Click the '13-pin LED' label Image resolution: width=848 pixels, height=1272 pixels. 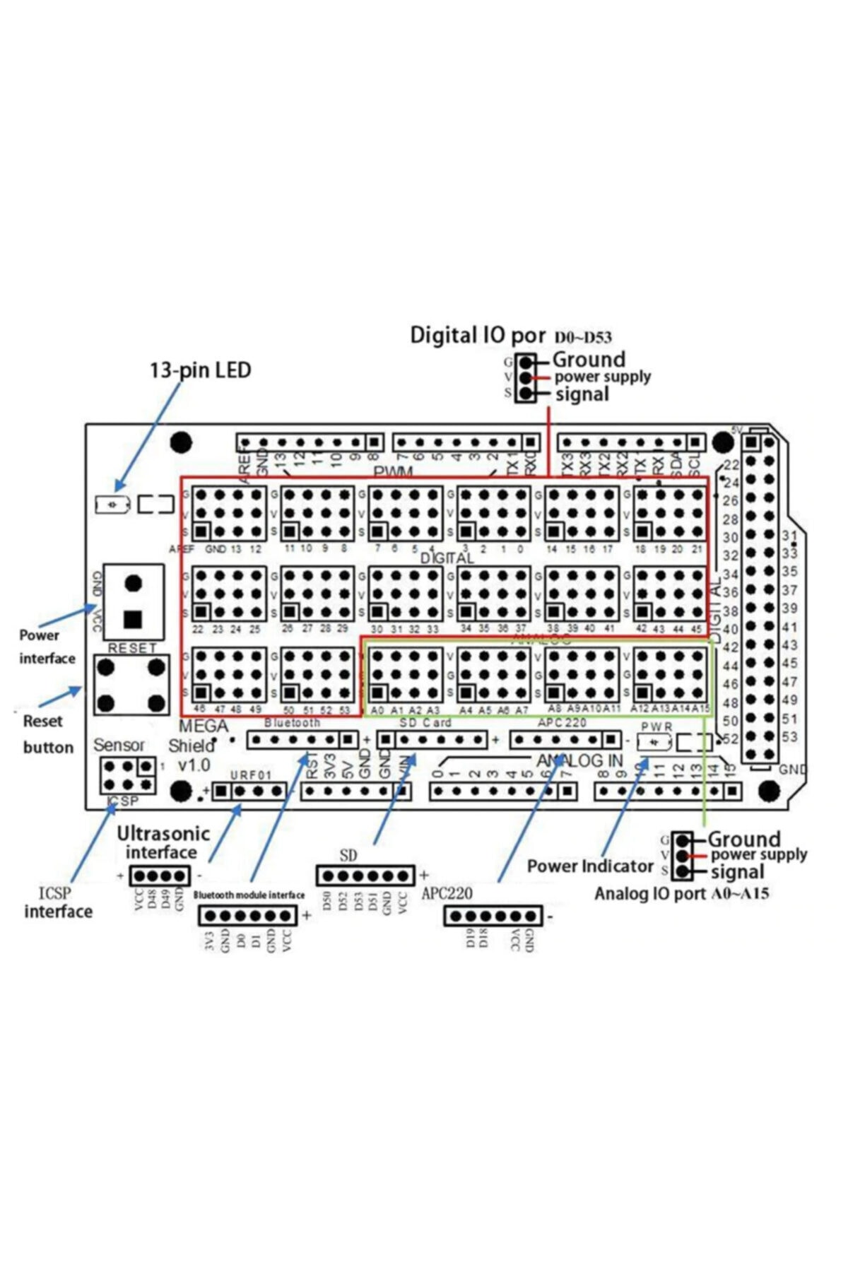pyautogui.click(x=200, y=370)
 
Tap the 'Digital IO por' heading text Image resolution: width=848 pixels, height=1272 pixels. pyautogui.click(x=478, y=335)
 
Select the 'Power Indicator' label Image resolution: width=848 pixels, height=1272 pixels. pyautogui.click(x=590, y=866)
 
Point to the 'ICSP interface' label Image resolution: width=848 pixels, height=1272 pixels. pyautogui.click(x=58, y=902)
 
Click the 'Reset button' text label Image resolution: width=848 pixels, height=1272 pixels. pyautogui.click(x=47, y=734)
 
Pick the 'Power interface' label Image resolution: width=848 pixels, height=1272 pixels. pyautogui.click(x=47, y=647)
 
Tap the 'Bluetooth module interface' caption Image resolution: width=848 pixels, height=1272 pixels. pyautogui.click(x=249, y=895)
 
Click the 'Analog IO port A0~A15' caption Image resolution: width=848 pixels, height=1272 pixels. pyautogui.click(x=681, y=894)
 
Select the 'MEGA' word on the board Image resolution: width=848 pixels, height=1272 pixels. pyautogui.click(x=204, y=726)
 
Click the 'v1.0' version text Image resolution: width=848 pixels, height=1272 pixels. pyautogui.click(x=194, y=765)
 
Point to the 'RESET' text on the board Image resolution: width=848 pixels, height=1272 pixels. pyautogui.click(x=133, y=648)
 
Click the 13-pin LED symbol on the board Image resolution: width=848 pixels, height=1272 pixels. pyautogui.click(x=112, y=505)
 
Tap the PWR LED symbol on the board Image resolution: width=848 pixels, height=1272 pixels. pyautogui.click(x=653, y=742)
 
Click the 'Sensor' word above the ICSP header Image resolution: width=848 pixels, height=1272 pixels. pyautogui.click(x=119, y=745)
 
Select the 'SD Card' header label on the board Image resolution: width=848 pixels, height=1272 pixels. pyautogui.click(x=425, y=723)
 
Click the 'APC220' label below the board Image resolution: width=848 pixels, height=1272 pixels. pyautogui.click(x=447, y=893)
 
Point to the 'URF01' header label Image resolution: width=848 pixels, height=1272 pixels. pyautogui.click(x=251, y=775)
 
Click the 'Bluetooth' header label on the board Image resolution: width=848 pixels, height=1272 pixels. pyautogui.click(x=292, y=723)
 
